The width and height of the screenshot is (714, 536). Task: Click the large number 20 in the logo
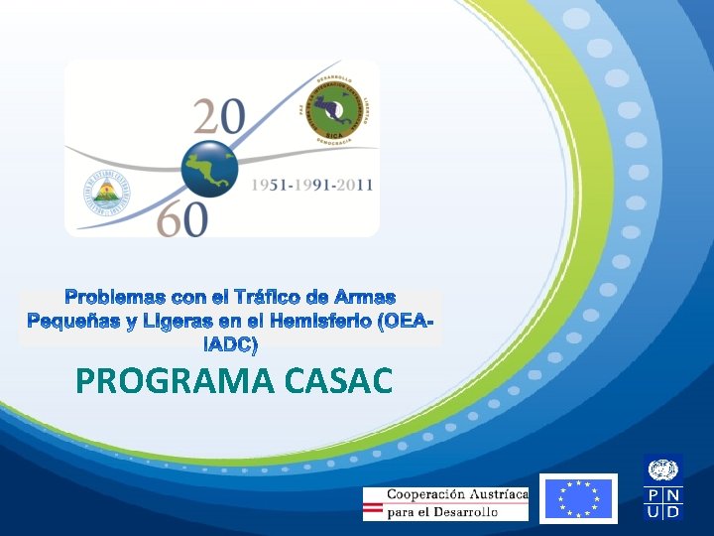219,116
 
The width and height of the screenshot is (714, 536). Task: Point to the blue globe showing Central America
209,166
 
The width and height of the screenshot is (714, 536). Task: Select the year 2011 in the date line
353,186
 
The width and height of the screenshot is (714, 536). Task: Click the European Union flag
580,498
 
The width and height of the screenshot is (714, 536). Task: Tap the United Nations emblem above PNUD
663,470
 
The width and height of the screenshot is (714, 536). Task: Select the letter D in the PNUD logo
673,512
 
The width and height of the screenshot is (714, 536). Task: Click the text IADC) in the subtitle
230,345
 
